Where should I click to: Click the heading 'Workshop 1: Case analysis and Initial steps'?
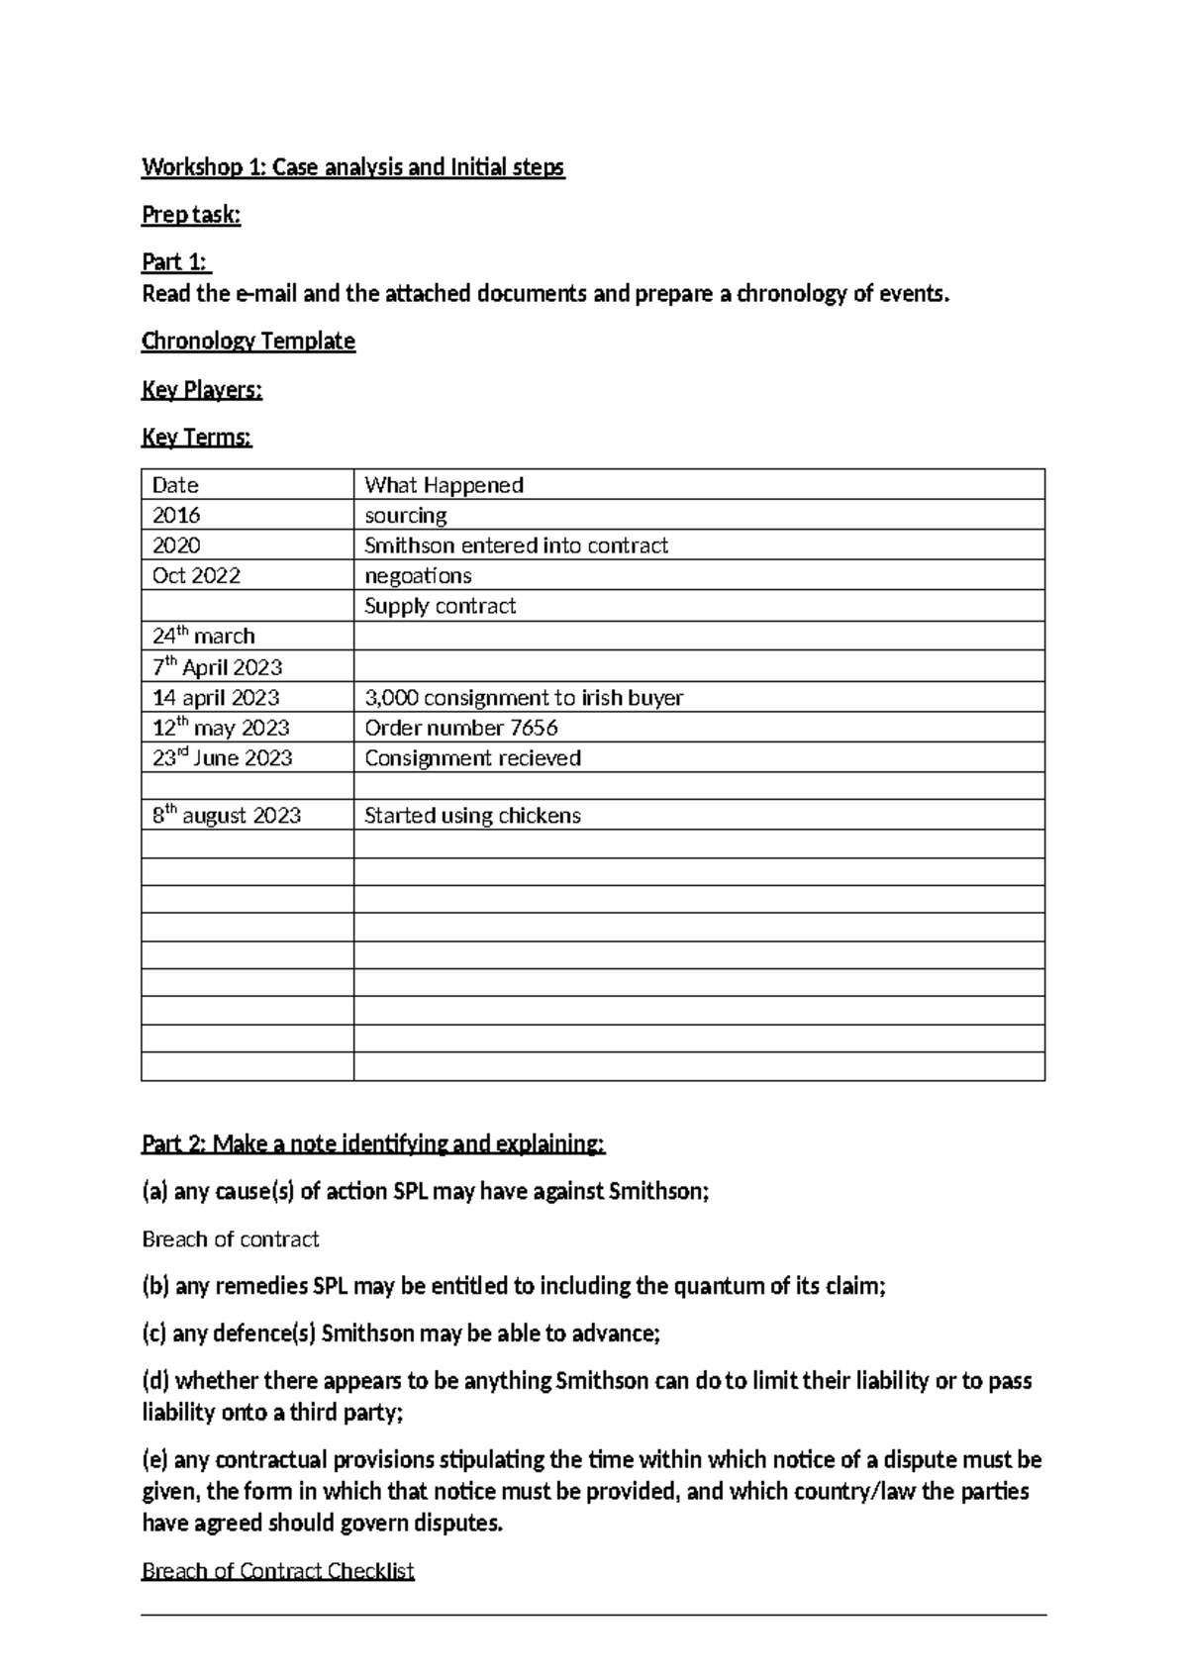point(352,167)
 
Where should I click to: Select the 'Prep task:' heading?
point(191,215)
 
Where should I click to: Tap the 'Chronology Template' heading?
point(247,342)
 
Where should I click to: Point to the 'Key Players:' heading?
point(202,390)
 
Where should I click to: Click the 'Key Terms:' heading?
point(197,438)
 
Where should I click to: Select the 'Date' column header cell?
point(175,485)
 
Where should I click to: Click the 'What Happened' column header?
point(444,485)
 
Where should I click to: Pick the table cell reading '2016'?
point(176,516)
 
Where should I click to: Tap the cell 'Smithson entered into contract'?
point(516,545)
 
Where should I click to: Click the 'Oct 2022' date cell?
point(196,576)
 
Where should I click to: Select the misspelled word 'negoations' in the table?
point(418,576)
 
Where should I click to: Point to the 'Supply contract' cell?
point(440,606)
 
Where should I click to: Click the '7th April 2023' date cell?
point(217,667)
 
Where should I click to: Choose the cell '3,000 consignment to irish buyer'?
point(524,698)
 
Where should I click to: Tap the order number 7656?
point(534,728)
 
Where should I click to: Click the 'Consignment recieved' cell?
point(472,758)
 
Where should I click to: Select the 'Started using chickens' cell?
point(472,816)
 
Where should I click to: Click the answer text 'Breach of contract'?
point(231,1239)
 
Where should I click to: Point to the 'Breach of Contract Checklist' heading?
point(277,1571)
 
